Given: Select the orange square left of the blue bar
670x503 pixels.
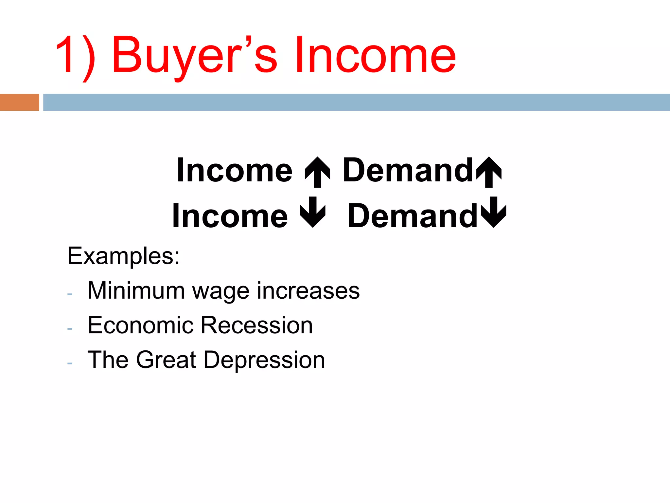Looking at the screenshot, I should coord(19,102).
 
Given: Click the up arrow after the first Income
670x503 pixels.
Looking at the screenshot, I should coord(317,172).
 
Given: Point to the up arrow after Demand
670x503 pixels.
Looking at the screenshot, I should coord(489,172).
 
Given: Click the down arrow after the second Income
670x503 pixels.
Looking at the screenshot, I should coord(313,212).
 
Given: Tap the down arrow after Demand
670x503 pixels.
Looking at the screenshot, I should coord(494,212).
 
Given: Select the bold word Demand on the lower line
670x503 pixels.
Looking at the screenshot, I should coord(412,216).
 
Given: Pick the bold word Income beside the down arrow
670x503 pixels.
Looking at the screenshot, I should coord(230,216).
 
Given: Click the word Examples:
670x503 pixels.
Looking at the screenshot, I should coord(123,256).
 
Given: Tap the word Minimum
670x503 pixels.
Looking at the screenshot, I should coord(136,290).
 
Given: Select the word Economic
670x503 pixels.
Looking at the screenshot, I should coord(141,325).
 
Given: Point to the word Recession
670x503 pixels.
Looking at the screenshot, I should coord(256,325).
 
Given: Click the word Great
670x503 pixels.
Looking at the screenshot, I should coord(166,360).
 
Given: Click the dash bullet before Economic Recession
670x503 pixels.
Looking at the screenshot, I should coord(70,328).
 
